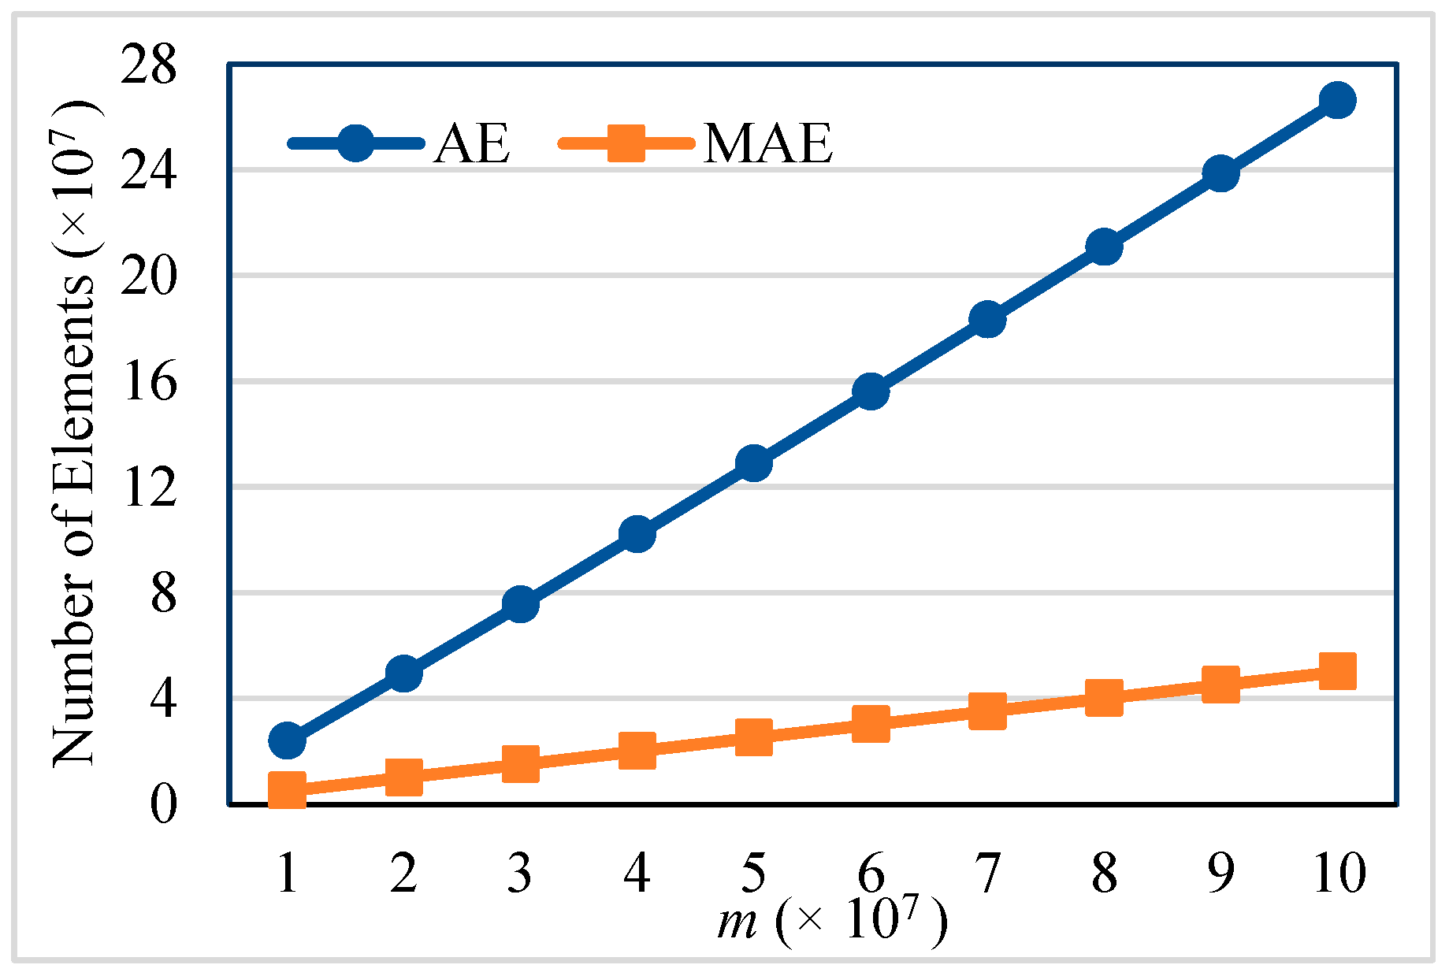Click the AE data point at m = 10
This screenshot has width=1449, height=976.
[1337, 101]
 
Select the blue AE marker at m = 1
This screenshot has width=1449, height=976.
[287, 740]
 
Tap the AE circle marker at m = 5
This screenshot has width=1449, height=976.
[754, 463]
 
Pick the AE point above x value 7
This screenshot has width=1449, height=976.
[987, 320]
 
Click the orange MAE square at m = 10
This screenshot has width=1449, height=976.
[1337, 671]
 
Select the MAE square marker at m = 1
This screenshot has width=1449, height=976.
[287, 789]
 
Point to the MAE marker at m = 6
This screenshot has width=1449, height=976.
[871, 724]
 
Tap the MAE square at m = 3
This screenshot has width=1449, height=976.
[520, 763]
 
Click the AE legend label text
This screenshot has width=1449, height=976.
[471, 143]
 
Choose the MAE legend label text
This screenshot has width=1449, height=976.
[768, 143]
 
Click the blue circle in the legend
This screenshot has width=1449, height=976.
[355, 143]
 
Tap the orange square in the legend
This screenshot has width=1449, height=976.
[626, 143]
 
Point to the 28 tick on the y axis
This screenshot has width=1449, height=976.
[149, 66]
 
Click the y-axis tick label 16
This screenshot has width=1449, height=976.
[149, 384]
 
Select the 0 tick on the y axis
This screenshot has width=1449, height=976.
[163, 805]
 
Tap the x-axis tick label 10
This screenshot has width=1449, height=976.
[1339, 873]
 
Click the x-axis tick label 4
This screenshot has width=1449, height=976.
[637, 873]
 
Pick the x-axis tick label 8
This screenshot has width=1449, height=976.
[1104, 873]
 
